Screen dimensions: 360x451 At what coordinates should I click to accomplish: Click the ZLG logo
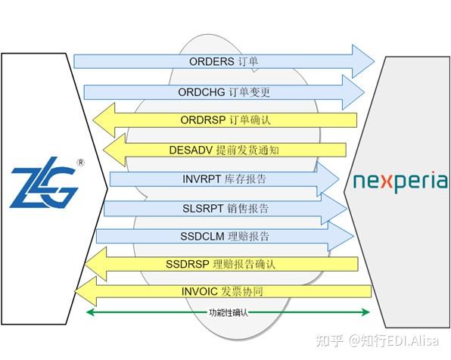[45, 185]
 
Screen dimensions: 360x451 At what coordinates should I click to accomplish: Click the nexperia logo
[400, 182]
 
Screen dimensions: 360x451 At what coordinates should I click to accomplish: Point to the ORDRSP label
[204, 120]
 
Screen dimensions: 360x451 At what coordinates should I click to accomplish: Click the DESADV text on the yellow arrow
[192, 150]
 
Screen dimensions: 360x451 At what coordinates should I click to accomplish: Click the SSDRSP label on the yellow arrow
[188, 264]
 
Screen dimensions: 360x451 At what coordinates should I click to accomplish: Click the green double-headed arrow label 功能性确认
[228, 312]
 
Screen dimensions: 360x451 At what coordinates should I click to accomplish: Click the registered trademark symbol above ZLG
[80, 162]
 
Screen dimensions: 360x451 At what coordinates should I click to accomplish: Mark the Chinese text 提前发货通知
[247, 150]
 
